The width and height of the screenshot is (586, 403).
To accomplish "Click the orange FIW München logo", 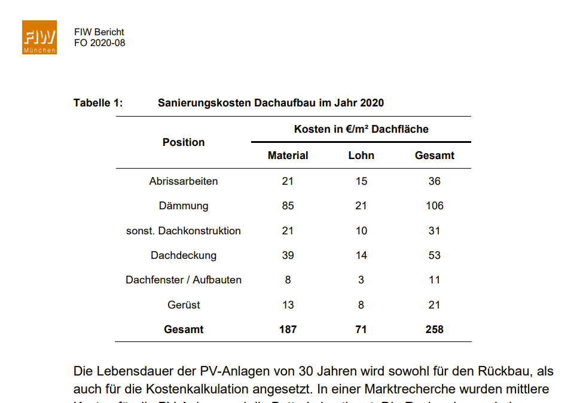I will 39,38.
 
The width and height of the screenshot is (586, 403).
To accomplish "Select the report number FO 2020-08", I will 100,43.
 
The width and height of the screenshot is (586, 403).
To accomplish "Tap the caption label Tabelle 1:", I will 98,103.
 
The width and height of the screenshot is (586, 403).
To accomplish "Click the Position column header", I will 184,142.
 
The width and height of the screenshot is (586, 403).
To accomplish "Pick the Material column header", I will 288,155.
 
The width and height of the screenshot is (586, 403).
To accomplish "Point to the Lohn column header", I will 361,155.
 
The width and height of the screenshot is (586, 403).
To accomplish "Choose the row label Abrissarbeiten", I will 184,181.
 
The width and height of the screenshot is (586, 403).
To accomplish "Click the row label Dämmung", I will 184,206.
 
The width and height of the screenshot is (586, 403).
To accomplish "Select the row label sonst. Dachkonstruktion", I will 184,231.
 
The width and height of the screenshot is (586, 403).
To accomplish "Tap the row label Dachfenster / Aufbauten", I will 184,280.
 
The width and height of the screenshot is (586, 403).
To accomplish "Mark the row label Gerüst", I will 184,305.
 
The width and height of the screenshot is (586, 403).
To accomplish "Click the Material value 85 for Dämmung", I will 288,206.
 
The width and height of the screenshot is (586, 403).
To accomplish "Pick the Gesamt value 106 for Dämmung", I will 435,206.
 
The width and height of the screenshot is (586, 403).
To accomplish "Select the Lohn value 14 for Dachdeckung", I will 361,255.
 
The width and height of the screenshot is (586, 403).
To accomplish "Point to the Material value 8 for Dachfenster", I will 288,280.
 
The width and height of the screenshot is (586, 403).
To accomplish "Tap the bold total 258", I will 435,329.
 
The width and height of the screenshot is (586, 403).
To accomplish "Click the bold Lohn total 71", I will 361,329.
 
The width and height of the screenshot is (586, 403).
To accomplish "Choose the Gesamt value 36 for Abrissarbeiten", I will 435,181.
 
